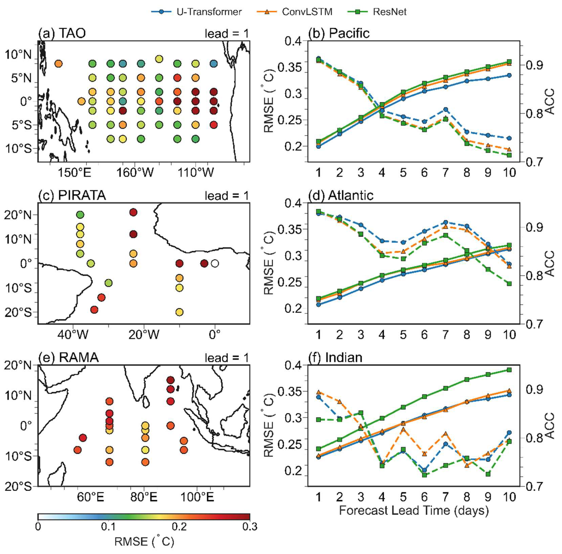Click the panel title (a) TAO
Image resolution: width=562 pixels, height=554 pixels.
click(x=62, y=33)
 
